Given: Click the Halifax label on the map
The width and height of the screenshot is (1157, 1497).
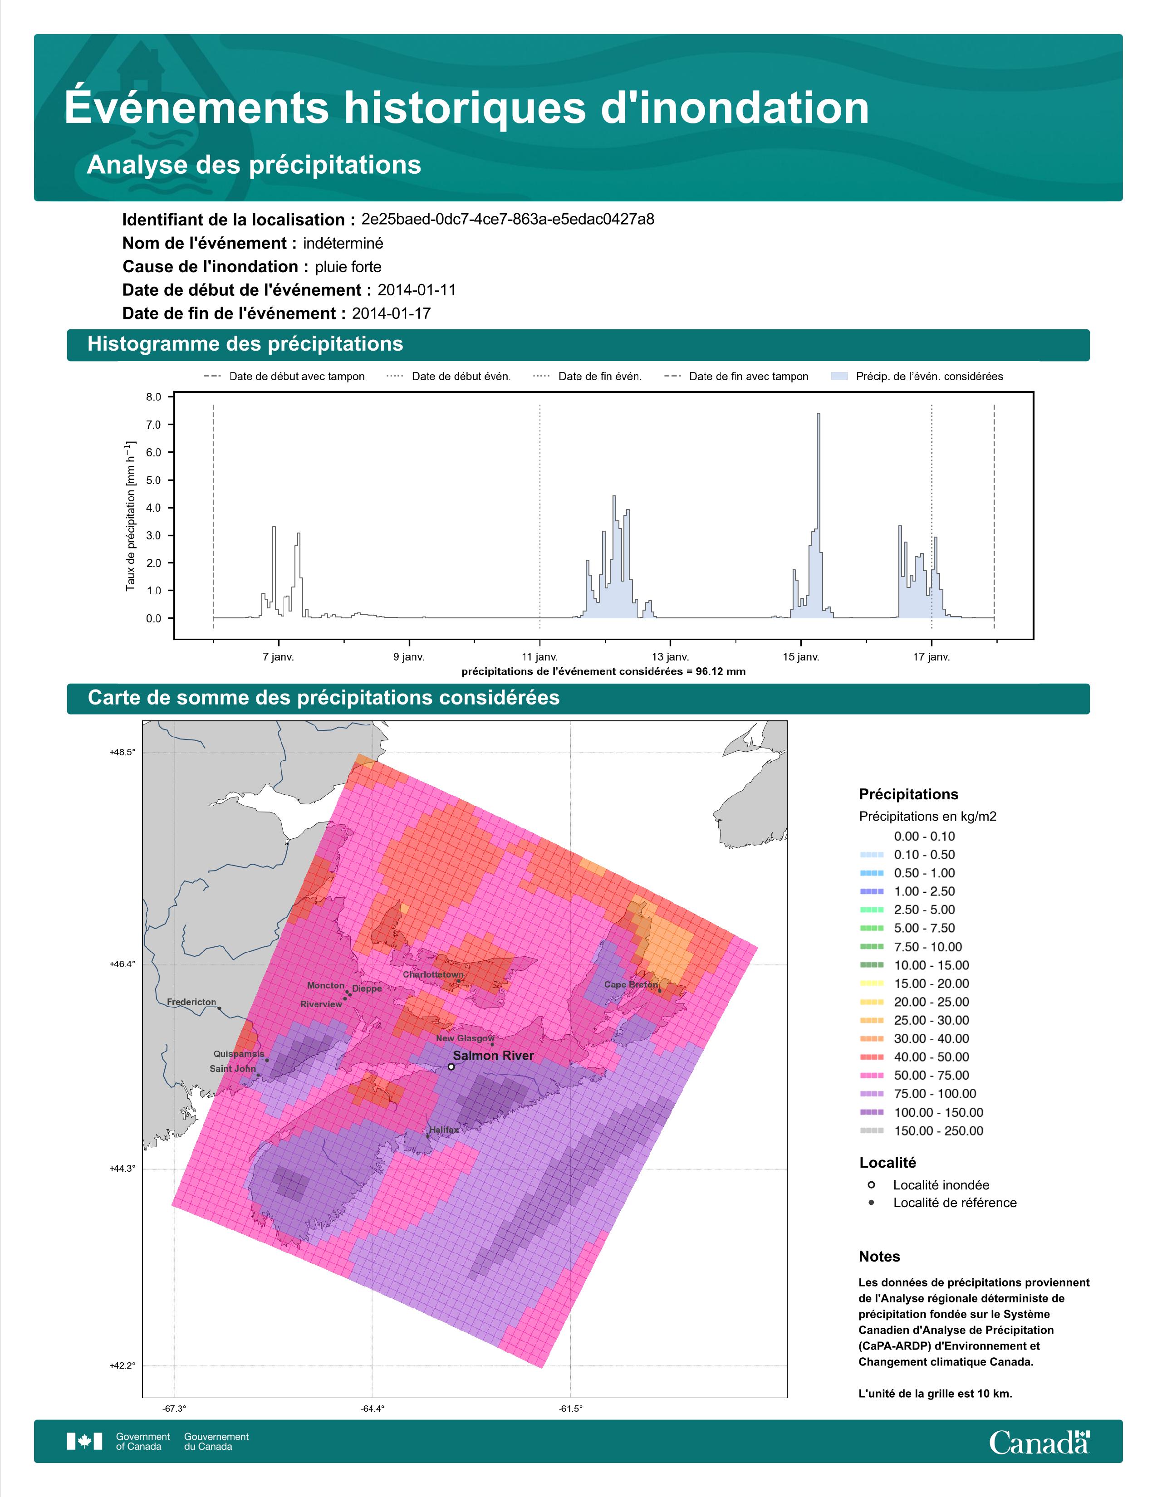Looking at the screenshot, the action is (444, 1130).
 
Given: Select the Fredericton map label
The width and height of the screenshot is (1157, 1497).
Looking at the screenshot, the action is (191, 1002).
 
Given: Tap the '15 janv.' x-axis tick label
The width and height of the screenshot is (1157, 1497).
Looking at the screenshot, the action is (800, 657).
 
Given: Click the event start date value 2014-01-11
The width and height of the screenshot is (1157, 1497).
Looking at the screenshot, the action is (417, 290).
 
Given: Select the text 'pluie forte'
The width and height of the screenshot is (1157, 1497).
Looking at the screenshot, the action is (348, 267).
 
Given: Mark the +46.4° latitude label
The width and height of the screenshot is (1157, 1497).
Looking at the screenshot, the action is (123, 964).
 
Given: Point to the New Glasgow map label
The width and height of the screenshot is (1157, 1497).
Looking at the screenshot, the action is (465, 1038).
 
